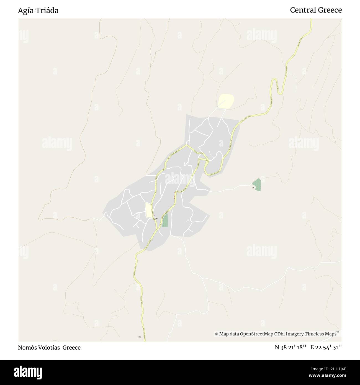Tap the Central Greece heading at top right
tap(316, 10)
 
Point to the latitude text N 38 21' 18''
tap(290, 347)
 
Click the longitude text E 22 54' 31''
tap(326, 347)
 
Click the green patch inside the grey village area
tap(165, 220)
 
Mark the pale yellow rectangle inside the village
tap(149, 210)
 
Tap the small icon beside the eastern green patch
tap(253, 188)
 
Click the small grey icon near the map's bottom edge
tap(140, 337)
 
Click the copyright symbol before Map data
tap(216, 334)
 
